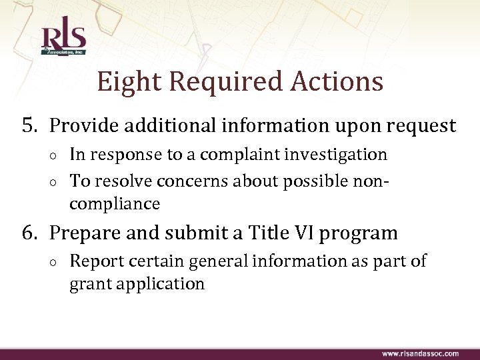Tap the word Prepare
[87, 234]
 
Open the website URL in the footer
[420, 353]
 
